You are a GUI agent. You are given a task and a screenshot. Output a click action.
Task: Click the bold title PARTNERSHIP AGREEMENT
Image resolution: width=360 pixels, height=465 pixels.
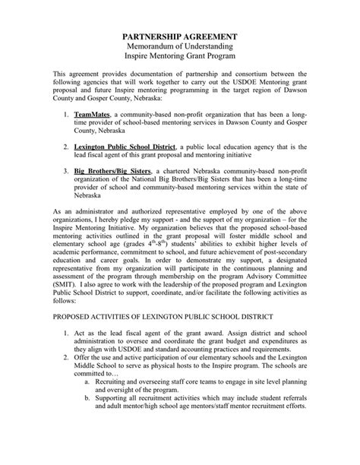[180, 37]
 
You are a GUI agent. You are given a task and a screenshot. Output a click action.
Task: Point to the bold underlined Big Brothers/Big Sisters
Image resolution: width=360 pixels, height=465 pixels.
[113, 171]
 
